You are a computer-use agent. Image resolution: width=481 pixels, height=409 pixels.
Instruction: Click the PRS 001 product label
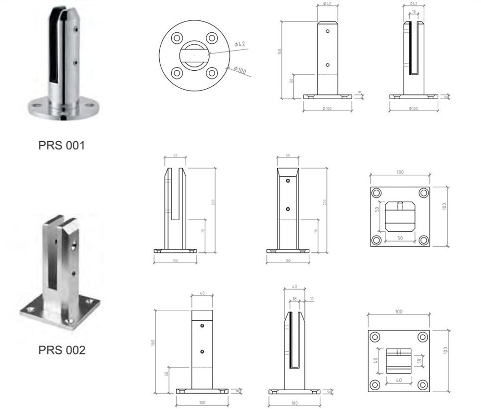[x=61, y=145]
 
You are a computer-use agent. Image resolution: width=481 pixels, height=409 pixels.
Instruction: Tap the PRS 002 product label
[x=62, y=350]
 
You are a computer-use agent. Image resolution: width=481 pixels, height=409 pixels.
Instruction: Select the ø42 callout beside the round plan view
[x=240, y=44]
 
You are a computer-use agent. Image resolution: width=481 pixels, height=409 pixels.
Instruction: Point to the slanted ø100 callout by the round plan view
[x=240, y=70]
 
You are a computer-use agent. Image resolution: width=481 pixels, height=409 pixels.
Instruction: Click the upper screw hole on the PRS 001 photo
[x=75, y=30]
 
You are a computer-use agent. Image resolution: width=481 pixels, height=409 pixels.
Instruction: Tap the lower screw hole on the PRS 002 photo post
[x=74, y=274]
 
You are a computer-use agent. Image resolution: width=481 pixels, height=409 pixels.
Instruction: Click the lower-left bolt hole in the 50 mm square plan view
[x=377, y=239]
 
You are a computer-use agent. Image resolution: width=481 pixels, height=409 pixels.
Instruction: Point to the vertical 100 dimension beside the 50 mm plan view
[x=444, y=206]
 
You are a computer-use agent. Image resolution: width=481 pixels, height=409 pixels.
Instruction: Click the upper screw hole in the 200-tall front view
[x=288, y=181]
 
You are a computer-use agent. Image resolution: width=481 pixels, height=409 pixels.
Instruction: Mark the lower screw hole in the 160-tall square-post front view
[x=202, y=352]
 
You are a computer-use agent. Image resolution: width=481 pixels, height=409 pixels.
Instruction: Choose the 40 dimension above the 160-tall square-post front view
[x=202, y=293]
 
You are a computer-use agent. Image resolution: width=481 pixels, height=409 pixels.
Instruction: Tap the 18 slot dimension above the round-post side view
[x=414, y=11]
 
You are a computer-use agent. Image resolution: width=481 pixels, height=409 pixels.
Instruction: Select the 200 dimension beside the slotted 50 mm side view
[x=212, y=202]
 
